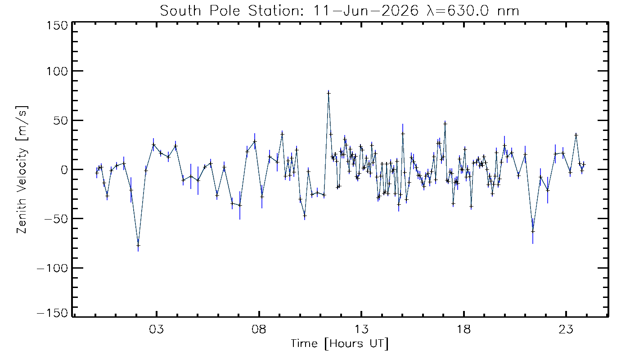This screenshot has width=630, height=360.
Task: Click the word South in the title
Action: point(180,11)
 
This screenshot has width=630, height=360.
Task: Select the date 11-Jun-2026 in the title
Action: point(365,11)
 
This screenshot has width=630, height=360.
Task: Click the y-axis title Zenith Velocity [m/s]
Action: point(22,170)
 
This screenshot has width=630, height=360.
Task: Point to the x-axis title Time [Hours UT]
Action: point(339,344)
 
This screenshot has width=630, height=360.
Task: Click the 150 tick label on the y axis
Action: point(57,26)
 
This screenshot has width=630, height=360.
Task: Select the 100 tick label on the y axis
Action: point(57,71)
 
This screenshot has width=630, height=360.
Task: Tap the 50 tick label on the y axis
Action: point(61,121)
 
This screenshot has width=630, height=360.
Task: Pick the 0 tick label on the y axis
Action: point(64,170)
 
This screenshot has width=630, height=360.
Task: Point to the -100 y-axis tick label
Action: point(53,268)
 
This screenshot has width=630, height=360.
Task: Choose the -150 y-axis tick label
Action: point(53,313)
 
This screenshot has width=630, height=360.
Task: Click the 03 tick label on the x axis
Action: point(157,329)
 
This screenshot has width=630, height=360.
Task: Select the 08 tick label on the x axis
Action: point(259,329)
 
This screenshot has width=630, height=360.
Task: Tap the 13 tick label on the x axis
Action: point(361,329)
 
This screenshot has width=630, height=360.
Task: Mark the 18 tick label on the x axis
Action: point(464,329)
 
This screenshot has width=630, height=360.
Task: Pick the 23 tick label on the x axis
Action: point(566,329)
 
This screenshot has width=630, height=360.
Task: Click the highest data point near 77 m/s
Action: point(328,93)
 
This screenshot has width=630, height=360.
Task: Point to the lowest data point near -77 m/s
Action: point(138,245)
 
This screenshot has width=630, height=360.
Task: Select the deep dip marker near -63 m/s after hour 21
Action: point(533,231)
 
